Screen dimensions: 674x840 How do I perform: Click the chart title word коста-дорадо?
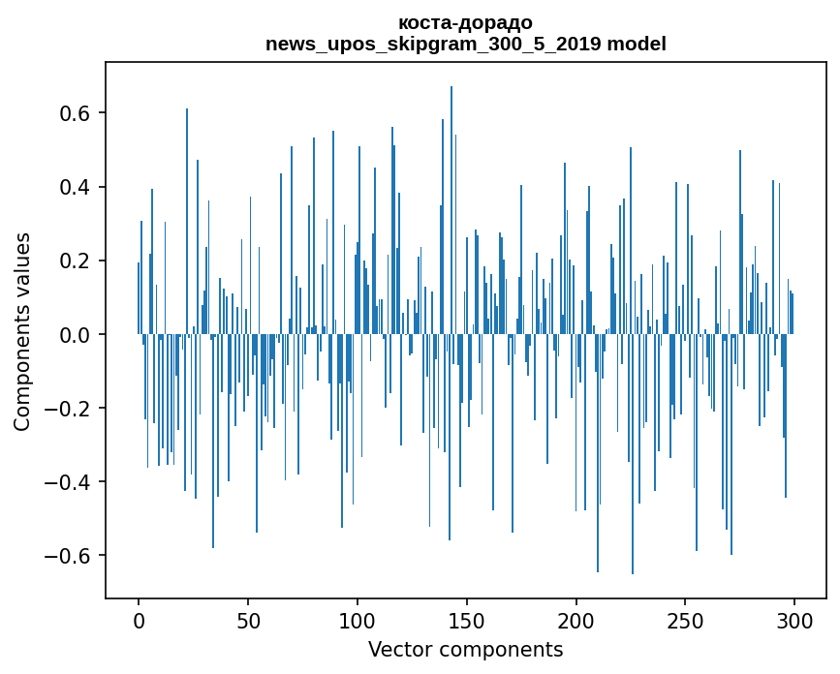465,22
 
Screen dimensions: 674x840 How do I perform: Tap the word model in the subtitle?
638,44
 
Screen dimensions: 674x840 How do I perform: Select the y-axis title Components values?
22,331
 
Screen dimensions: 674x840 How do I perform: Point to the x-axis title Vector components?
465,649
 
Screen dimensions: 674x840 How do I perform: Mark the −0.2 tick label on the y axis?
70,409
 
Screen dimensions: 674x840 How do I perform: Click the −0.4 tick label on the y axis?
70,482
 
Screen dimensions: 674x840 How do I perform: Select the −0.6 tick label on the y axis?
70,556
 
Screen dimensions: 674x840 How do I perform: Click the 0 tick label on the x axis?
139,620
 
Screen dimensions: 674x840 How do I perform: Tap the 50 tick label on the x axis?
248,620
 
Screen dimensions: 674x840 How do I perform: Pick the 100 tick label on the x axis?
358,620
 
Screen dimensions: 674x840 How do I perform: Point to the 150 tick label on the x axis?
467,620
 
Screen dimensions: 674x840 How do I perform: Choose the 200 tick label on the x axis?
576,620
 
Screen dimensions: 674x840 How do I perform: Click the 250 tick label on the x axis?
686,620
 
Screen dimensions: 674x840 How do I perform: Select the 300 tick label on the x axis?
795,620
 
